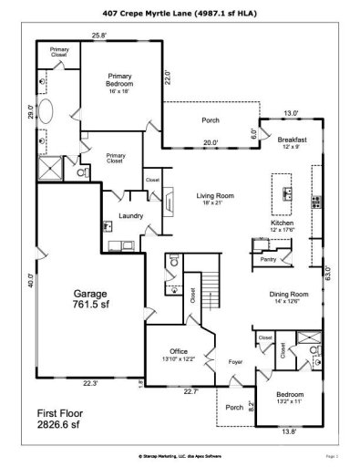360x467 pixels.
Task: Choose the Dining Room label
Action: pyautogui.click(x=288, y=294)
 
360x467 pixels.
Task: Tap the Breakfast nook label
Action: pyautogui.click(x=292, y=140)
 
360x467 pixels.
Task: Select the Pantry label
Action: pyautogui.click(x=268, y=260)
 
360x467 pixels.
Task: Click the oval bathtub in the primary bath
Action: pyautogui.click(x=49, y=111)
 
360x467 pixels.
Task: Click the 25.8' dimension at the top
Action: pyautogui.click(x=98, y=36)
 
